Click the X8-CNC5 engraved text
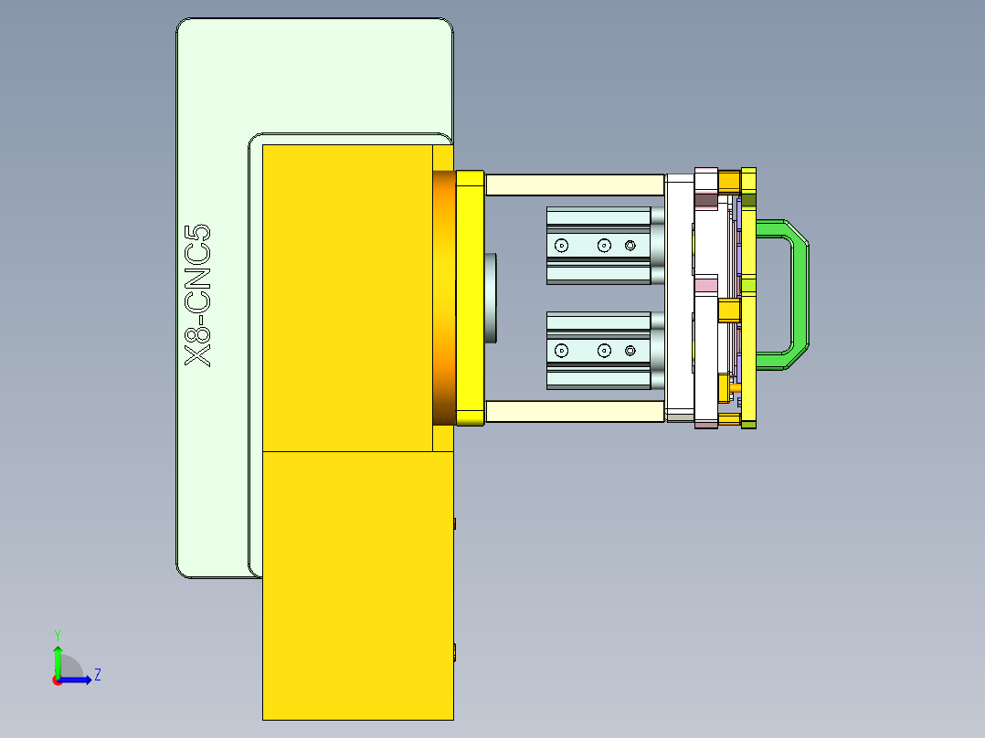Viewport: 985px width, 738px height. click(198, 296)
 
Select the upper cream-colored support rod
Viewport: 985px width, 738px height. click(574, 184)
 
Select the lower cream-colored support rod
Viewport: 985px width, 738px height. click(574, 412)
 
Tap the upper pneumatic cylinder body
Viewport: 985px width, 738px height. click(598, 245)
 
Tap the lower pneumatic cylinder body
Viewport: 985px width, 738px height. click(598, 351)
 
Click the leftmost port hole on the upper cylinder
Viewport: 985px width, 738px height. click(561, 245)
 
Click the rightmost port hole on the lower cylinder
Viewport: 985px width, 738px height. click(630, 351)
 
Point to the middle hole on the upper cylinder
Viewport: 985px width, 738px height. click(603, 245)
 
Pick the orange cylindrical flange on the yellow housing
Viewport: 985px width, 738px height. click(443, 298)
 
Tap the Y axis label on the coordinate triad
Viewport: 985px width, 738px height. click(57, 634)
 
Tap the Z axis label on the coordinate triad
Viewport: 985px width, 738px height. click(97, 675)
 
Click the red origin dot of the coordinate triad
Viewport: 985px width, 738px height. click(57, 680)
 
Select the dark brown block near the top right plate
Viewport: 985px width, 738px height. click(705, 200)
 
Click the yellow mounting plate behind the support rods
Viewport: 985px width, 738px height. click(470, 298)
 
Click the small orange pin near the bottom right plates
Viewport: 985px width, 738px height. click(736, 387)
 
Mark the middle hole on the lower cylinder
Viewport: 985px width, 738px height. click(603, 351)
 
